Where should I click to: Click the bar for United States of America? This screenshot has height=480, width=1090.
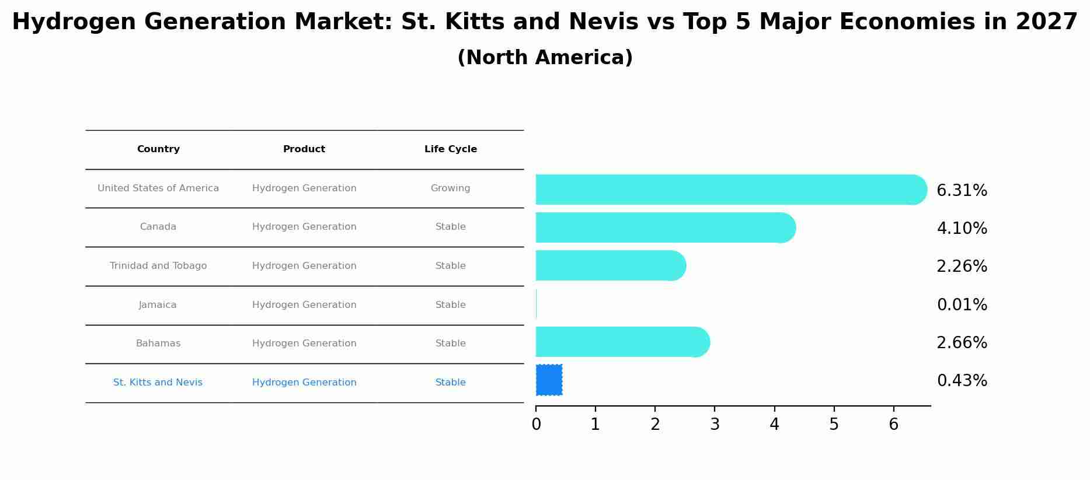(x=730, y=190)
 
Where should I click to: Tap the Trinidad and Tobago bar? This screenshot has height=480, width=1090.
(x=610, y=265)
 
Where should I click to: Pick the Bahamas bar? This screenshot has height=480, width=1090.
(x=622, y=342)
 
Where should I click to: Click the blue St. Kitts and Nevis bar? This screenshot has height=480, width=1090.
(x=549, y=380)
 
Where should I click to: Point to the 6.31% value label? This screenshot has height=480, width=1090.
(x=962, y=191)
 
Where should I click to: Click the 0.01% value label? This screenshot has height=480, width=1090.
(x=962, y=305)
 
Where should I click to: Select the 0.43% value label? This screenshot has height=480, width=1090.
(x=962, y=381)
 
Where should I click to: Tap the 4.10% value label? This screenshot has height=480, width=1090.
(x=962, y=229)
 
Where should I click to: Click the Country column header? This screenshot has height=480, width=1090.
(x=158, y=149)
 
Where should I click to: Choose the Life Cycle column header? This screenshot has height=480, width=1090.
(x=450, y=149)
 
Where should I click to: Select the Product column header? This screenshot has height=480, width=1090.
(x=304, y=149)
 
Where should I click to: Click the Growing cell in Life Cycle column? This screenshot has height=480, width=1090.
(x=450, y=188)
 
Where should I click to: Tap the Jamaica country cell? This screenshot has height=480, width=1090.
(x=158, y=305)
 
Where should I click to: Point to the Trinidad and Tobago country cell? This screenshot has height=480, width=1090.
(x=158, y=266)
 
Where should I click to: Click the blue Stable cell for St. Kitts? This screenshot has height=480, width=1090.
(x=450, y=383)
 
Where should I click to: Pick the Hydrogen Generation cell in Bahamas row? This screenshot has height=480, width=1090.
(x=304, y=344)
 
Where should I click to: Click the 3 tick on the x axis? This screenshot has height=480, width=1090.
(x=715, y=425)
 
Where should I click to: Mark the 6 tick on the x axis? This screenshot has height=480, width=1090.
(x=893, y=425)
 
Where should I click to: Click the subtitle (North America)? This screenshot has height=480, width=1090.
(x=545, y=58)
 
